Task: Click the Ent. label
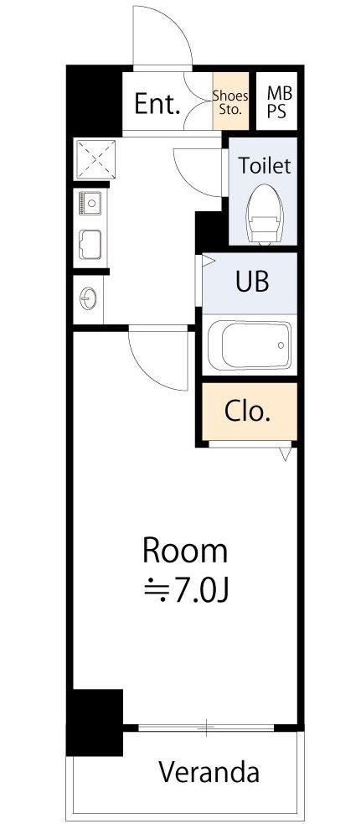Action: click(157, 104)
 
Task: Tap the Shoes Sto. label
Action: click(230, 102)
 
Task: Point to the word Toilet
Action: click(265, 165)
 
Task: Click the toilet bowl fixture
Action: click(266, 215)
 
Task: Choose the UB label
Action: click(252, 282)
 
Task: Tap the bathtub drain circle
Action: click(281, 345)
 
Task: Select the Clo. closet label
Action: click(247, 412)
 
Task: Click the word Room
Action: click(185, 552)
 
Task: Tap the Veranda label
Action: click(209, 773)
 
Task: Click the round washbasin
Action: click(88, 299)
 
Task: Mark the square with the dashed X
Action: click(95, 159)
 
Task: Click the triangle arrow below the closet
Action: click(286, 453)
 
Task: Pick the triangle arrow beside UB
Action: click(208, 261)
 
